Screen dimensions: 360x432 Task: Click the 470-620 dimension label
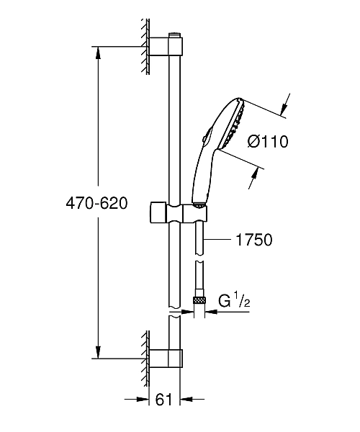pos(96,204)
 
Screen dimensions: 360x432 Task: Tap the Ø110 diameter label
pos(268,142)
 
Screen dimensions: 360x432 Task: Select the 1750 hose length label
pos(254,240)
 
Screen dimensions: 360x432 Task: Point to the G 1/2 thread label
pos(234,301)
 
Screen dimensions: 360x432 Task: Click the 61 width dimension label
pos(163,400)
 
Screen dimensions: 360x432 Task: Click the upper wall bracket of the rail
pos(166,47)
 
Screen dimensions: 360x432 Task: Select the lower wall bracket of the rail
pos(166,358)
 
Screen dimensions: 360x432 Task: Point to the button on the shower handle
pos(207,135)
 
